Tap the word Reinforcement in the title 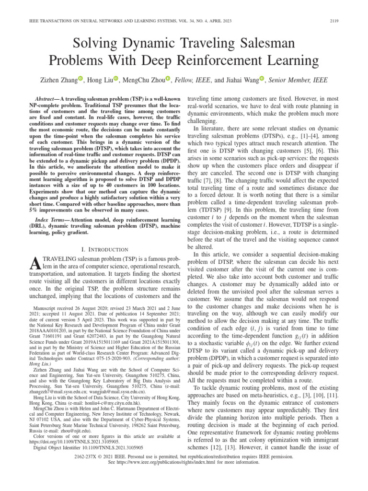point(209,61)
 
